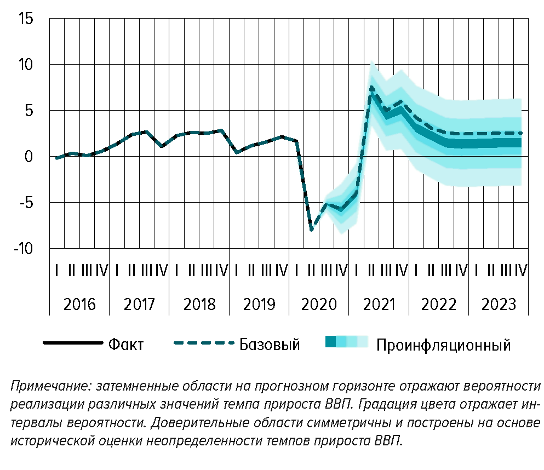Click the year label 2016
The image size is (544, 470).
pos(79,305)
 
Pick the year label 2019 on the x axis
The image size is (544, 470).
pos(259,305)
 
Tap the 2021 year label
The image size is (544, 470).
pos(379,305)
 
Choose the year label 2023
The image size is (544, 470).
pos(499,305)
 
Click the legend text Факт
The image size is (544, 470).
pos(126,345)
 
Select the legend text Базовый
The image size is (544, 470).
pos(270,345)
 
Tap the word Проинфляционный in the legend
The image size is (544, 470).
pos(444,345)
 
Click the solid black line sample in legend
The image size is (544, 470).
pos(73,343)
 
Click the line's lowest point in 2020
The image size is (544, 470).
pos(312,230)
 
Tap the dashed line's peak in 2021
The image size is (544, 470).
pos(371,86)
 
